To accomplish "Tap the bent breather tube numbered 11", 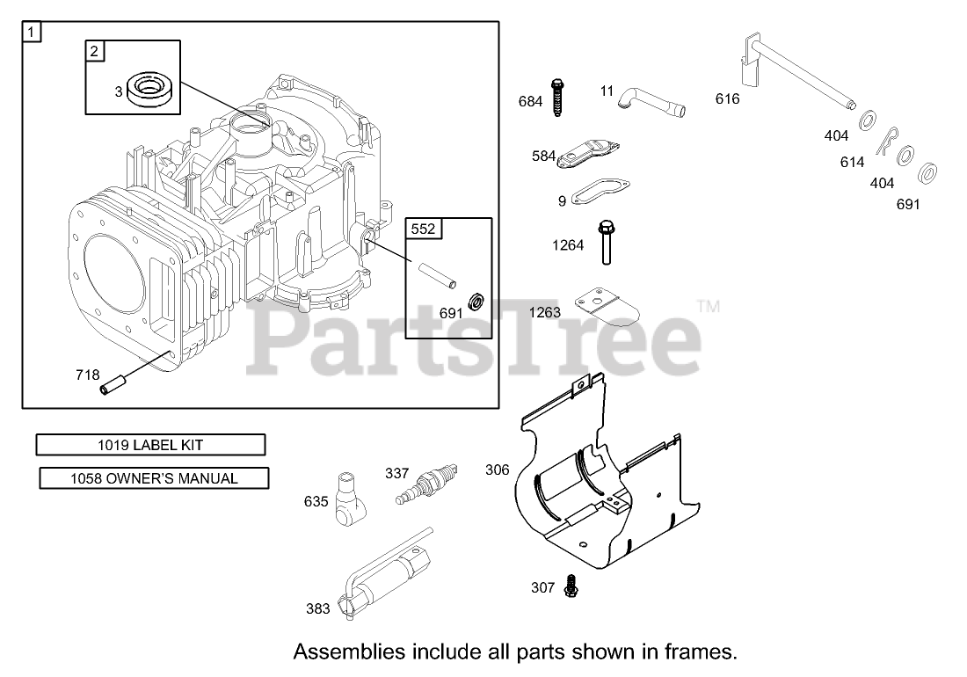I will [x=651, y=101].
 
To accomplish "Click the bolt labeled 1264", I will [x=606, y=242].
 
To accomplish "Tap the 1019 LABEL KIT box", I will [x=150, y=445].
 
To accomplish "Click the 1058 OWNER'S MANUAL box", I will [x=154, y=478].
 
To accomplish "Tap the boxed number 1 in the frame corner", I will [x=32, y=33].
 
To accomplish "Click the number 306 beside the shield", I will [x=497, y=470].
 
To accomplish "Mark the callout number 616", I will [x=727, y=98].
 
